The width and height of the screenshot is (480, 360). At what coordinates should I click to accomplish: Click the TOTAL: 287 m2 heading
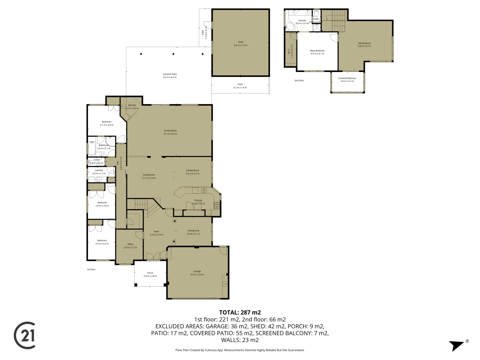pos(240,313)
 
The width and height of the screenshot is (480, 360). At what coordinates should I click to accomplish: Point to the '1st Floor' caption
pos(91,269)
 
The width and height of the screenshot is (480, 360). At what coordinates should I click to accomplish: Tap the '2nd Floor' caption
pos(299,81)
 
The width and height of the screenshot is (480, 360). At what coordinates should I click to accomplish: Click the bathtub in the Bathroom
pos(92,149)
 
